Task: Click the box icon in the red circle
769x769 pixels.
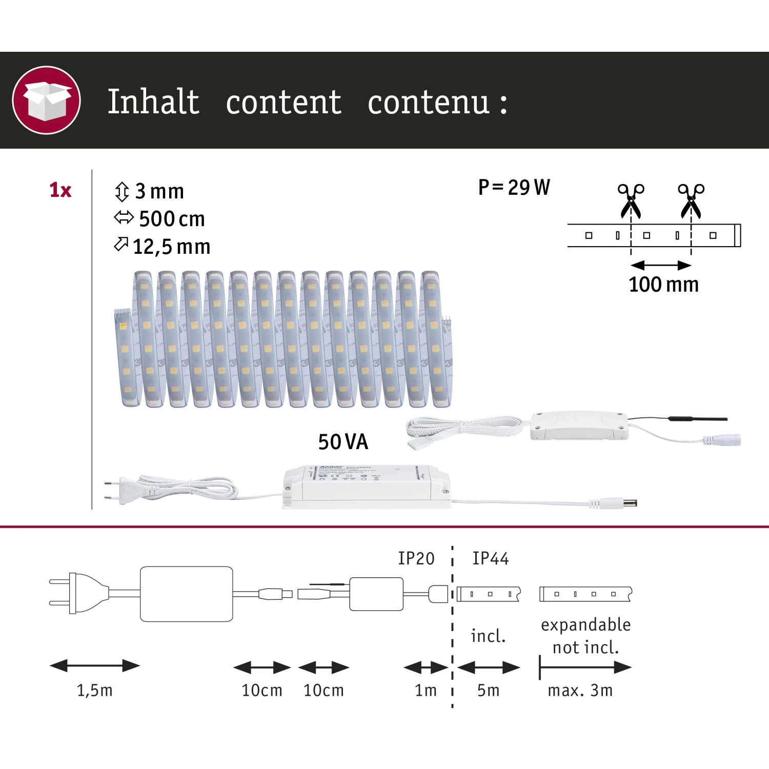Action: pos(46,100)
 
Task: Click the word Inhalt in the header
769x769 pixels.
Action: pos(153,102)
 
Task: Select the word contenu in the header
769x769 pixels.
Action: pos(429,103)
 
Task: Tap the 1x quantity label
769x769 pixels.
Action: pos(60,190)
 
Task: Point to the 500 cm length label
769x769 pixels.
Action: pos(171,219)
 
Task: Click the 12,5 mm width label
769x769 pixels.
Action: pos(171,247)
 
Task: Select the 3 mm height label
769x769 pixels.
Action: pos(159,191)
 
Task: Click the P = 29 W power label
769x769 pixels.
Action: pos(514,188)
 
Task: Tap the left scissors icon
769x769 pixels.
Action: pos(630,200)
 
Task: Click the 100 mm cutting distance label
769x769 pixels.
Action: pos(663,284)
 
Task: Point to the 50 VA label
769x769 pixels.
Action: pos(343,442)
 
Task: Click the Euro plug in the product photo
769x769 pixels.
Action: pos(118,489)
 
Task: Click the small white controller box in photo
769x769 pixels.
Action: pos(579,426)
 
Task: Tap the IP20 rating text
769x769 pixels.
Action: pos(416,558)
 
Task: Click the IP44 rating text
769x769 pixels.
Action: pos(490,558)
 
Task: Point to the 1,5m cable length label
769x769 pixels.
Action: pos(94,690)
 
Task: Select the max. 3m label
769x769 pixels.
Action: pos(580,690)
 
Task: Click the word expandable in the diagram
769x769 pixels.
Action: pos(585,624)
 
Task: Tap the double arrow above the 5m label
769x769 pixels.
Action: pos(489,667)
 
